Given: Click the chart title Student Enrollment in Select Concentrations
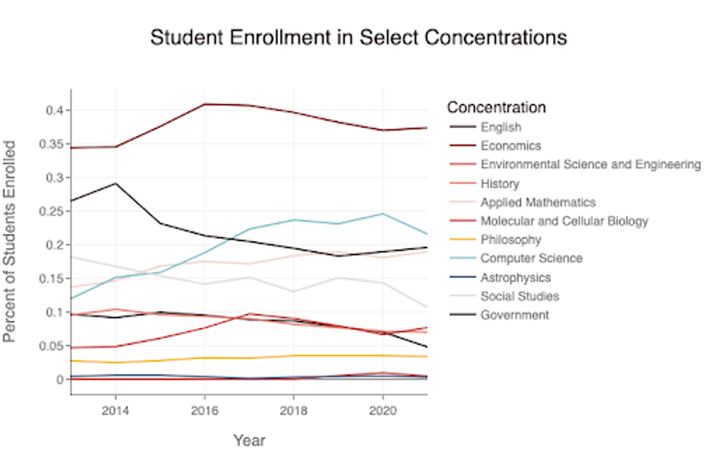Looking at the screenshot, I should coord(358,38).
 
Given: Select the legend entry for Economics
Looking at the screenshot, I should coord(511,146).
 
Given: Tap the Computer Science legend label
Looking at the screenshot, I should coord(531,258).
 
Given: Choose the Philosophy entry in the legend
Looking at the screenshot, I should coord(511,240).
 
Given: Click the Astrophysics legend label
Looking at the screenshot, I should coord(516,277).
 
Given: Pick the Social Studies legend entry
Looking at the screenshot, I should coord(520,296).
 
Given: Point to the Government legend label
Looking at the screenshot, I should coord(514,315).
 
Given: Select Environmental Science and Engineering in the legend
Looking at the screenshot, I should coord(590,164).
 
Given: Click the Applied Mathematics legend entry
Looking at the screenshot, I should coord(538,202).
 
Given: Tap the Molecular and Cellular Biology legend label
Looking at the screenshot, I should coord(564,221).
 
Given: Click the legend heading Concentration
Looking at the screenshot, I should coord(496,108).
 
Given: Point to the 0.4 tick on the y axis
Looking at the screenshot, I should coord(54,111).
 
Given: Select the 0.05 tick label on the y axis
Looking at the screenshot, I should coord(52,345).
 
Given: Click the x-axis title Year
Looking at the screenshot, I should coord(249,441).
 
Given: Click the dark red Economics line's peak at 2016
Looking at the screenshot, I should coord(204,104).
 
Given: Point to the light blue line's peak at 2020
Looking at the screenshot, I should coord(382,213).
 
